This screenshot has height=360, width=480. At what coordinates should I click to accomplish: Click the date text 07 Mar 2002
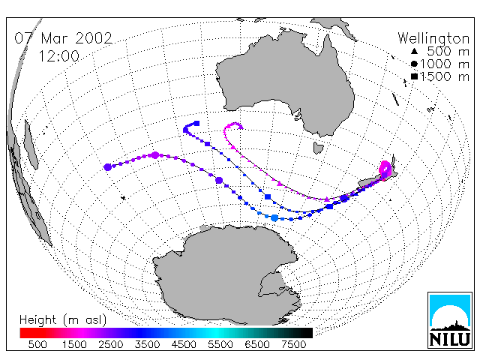coord(63,38)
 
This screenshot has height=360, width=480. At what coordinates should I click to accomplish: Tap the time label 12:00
coord(58,56)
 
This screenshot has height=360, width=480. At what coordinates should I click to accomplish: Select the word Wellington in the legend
coord(433,39)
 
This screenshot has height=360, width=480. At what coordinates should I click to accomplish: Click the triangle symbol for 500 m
coord(414,51)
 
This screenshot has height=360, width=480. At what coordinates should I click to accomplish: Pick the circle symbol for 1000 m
coord(414,64)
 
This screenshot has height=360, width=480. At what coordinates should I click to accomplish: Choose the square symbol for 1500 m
coord(414,76)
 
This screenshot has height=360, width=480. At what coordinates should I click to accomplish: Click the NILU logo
coord(450,320)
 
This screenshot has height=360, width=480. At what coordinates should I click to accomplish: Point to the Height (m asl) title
coord(63,320)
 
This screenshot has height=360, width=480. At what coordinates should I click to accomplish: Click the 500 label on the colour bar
coord(37,345)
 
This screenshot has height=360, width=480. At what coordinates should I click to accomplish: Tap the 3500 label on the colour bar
coord(147,345)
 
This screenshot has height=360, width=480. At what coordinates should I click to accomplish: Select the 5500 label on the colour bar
coord(220,345)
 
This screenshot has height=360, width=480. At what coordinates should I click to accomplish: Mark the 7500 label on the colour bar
coord(293,345)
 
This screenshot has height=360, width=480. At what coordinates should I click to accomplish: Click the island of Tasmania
coord(318,148)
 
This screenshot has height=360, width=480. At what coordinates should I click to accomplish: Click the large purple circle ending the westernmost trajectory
coord(107,167)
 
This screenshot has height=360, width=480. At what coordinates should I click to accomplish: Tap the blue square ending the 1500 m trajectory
coord(196,123)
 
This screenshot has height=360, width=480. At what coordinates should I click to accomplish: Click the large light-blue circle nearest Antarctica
coord(274,218)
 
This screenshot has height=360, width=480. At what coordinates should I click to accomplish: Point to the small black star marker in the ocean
coord(123,198)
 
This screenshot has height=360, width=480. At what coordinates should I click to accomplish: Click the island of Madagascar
coord(31,145)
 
